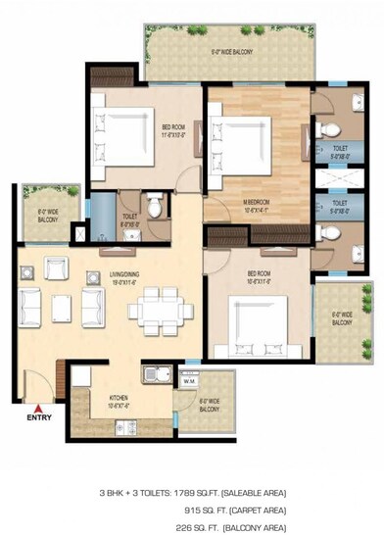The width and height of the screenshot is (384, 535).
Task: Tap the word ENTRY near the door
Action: pos(39,417)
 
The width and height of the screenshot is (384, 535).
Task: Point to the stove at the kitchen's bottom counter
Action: pos(124,426)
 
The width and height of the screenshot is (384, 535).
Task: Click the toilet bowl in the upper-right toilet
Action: pos(330,131)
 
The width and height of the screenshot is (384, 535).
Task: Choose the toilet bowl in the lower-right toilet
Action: pos(330,233)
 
